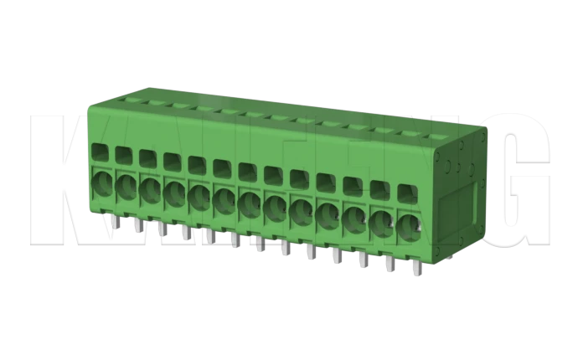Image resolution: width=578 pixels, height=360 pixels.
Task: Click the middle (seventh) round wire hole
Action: point(250,203)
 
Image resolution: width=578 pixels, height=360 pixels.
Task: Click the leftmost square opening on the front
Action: point(99,152)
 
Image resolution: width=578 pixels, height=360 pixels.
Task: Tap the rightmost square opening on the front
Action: point(406,192)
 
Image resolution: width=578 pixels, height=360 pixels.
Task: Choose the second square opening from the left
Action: point(123,155)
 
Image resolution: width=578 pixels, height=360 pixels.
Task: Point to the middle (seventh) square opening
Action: point(248,172)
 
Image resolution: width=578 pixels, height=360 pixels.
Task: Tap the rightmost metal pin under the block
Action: point(414,268)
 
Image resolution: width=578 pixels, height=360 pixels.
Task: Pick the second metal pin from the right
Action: point(388,264)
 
